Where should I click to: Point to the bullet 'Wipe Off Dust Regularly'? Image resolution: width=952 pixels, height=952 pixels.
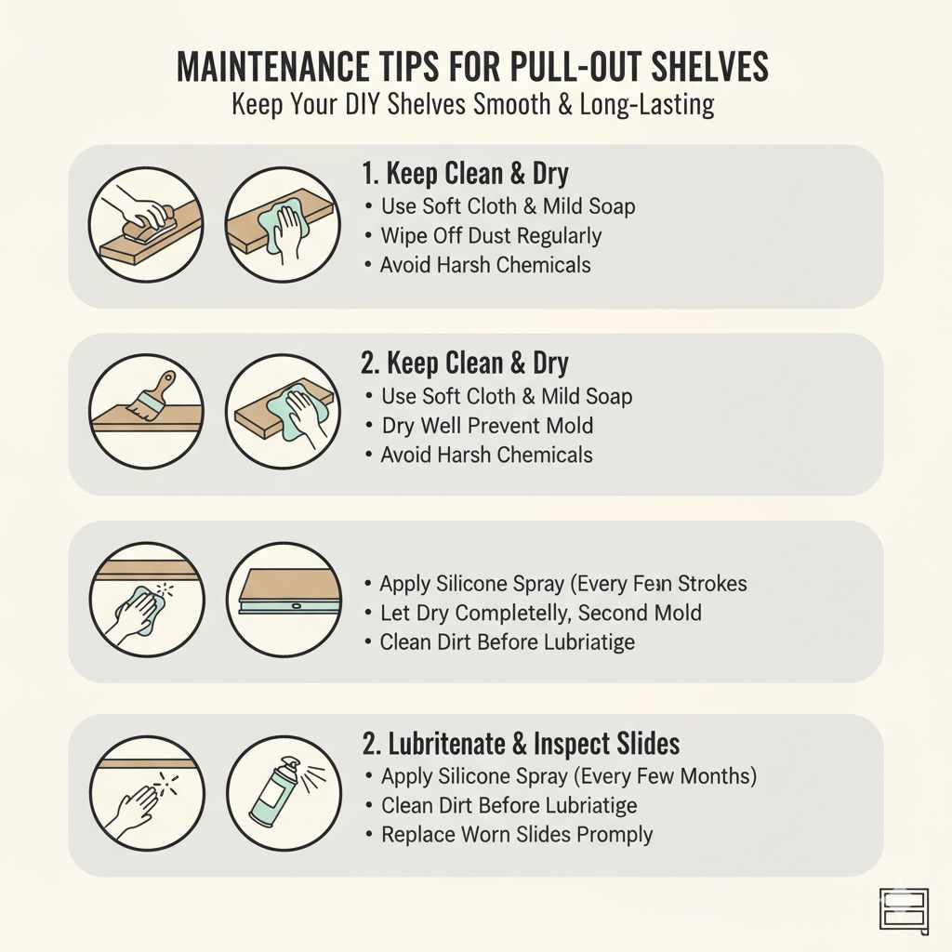(491, 235)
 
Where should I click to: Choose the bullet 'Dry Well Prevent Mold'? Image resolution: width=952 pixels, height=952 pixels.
(487, 426)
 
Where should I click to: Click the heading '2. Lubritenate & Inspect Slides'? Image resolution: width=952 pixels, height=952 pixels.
(520, 743)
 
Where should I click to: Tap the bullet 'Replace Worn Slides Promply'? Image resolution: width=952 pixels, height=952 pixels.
(517, 834)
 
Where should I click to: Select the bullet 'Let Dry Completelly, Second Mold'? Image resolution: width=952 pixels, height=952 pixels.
(540, 613)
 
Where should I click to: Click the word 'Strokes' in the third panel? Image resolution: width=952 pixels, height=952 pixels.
(709, 584)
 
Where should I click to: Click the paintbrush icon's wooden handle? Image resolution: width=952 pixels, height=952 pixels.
(165, 383)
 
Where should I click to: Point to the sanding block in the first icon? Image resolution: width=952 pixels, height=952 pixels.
(150, 220)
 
